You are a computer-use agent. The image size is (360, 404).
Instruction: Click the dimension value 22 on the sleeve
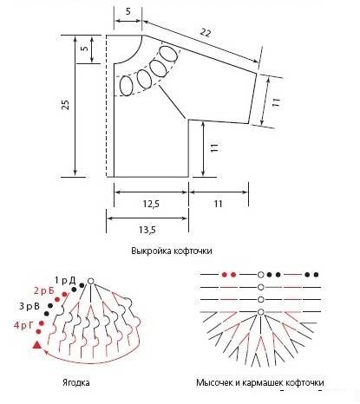click(205, 32)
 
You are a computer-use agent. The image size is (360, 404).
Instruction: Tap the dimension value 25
click(66, 105)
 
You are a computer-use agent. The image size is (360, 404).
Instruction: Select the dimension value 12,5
click(151, 204)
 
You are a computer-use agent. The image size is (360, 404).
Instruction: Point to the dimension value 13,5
click(147, 230)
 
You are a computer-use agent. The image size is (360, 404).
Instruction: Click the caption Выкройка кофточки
click(172, 251)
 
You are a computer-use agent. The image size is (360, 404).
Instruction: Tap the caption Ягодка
click(76, 382)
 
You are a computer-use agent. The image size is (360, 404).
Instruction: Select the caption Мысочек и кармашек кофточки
click(260, 382)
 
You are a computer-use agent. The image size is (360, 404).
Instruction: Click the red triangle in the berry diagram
click(37, 345)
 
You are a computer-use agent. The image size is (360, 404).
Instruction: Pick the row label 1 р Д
click(65, 280)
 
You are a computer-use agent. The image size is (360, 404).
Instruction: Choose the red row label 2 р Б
click(44, 290)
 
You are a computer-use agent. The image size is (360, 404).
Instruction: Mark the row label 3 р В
click(29, 306)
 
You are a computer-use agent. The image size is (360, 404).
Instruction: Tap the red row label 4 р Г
click(23, 326)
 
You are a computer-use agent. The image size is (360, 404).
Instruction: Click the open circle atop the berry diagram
click(90, 281)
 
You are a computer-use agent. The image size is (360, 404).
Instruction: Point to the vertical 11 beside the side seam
click(214, 147)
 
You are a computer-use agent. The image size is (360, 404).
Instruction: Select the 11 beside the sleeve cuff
click(276, 102)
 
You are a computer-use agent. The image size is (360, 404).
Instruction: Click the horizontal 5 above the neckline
click(128, 11)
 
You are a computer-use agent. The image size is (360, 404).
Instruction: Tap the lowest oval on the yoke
click(126, 86)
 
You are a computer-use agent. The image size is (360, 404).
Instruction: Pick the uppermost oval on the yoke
click(169, 53)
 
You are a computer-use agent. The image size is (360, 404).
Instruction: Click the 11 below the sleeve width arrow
click(218, 204)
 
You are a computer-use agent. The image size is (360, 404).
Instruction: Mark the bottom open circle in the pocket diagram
click(261, 312)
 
